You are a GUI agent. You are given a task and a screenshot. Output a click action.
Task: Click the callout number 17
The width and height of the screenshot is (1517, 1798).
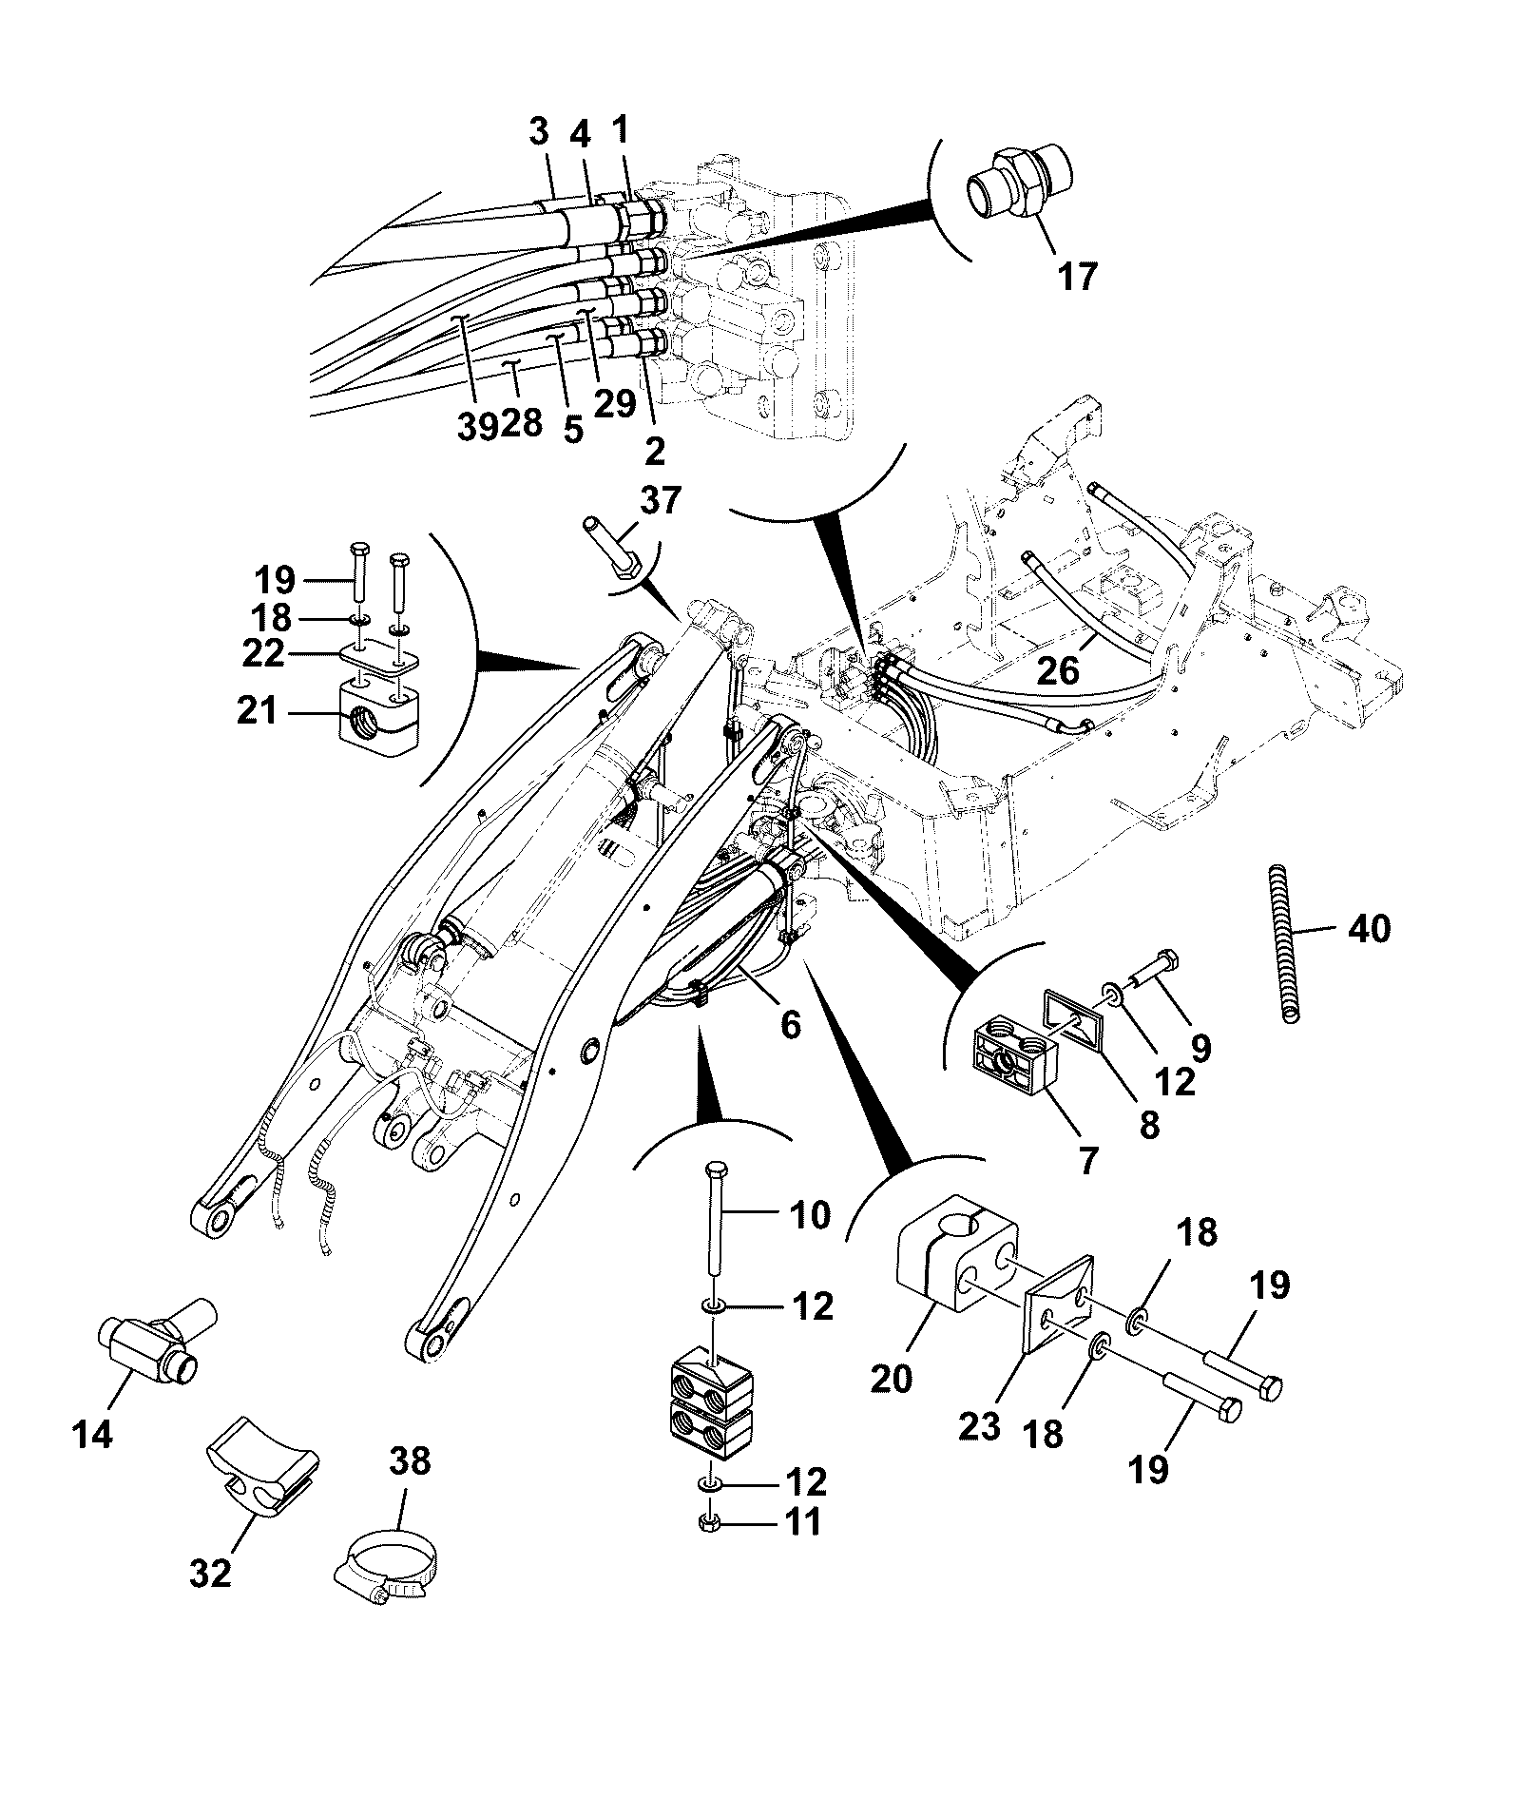(1077, 276)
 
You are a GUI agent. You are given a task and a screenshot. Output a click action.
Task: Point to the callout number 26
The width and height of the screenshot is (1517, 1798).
(1058, 671)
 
